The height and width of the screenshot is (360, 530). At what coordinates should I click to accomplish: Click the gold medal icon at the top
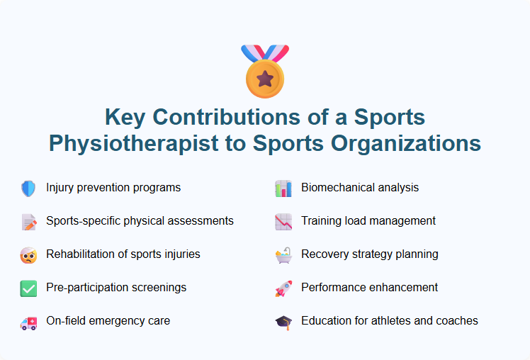pyautogui.click(x=265, y=72)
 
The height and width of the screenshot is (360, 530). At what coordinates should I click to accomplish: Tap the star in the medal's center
pyautogui.click(x=265, y=77)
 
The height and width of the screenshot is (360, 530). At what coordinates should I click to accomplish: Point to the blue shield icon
pyautogui.click(x=28, y=189)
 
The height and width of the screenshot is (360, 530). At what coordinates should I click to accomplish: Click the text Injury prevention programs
pyautogui.click(x=113, y=188)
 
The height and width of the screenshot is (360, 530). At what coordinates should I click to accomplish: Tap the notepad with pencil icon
pyautogui.click(x=28, y=222)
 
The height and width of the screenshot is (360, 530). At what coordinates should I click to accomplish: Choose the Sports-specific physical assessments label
pyautogui.click(x=140, y=221)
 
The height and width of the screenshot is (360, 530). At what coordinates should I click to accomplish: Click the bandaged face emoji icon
pyautogui.click(x=28, y=255)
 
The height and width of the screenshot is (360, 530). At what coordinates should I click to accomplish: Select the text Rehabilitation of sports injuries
pyautogui.click(x=123, y=254)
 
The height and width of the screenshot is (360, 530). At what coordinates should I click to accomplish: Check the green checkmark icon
pyautogui.click(x=28, y=288)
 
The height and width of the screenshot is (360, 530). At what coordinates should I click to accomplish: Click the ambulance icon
pyautogui.click(x=28, y=322)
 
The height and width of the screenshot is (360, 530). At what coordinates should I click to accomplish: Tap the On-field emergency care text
pyautogui.click(x=108, y=321)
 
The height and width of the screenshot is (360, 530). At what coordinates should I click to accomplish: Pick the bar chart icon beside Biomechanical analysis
pyautogui.click(x=283, y=189)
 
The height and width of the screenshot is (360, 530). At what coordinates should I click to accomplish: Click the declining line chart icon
pyautogui.click(x=283, y=222)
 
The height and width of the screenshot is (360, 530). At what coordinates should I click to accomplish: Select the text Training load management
pyautogui.click(x=368, y=221)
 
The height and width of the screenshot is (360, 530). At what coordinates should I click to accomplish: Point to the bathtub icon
pyautogui.click(x=283, y=255)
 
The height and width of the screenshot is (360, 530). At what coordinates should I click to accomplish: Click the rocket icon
pyautogui.click(x=283, y=288)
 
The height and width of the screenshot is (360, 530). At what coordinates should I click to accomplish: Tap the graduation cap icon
pyautogui.click(x=283, y=322)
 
